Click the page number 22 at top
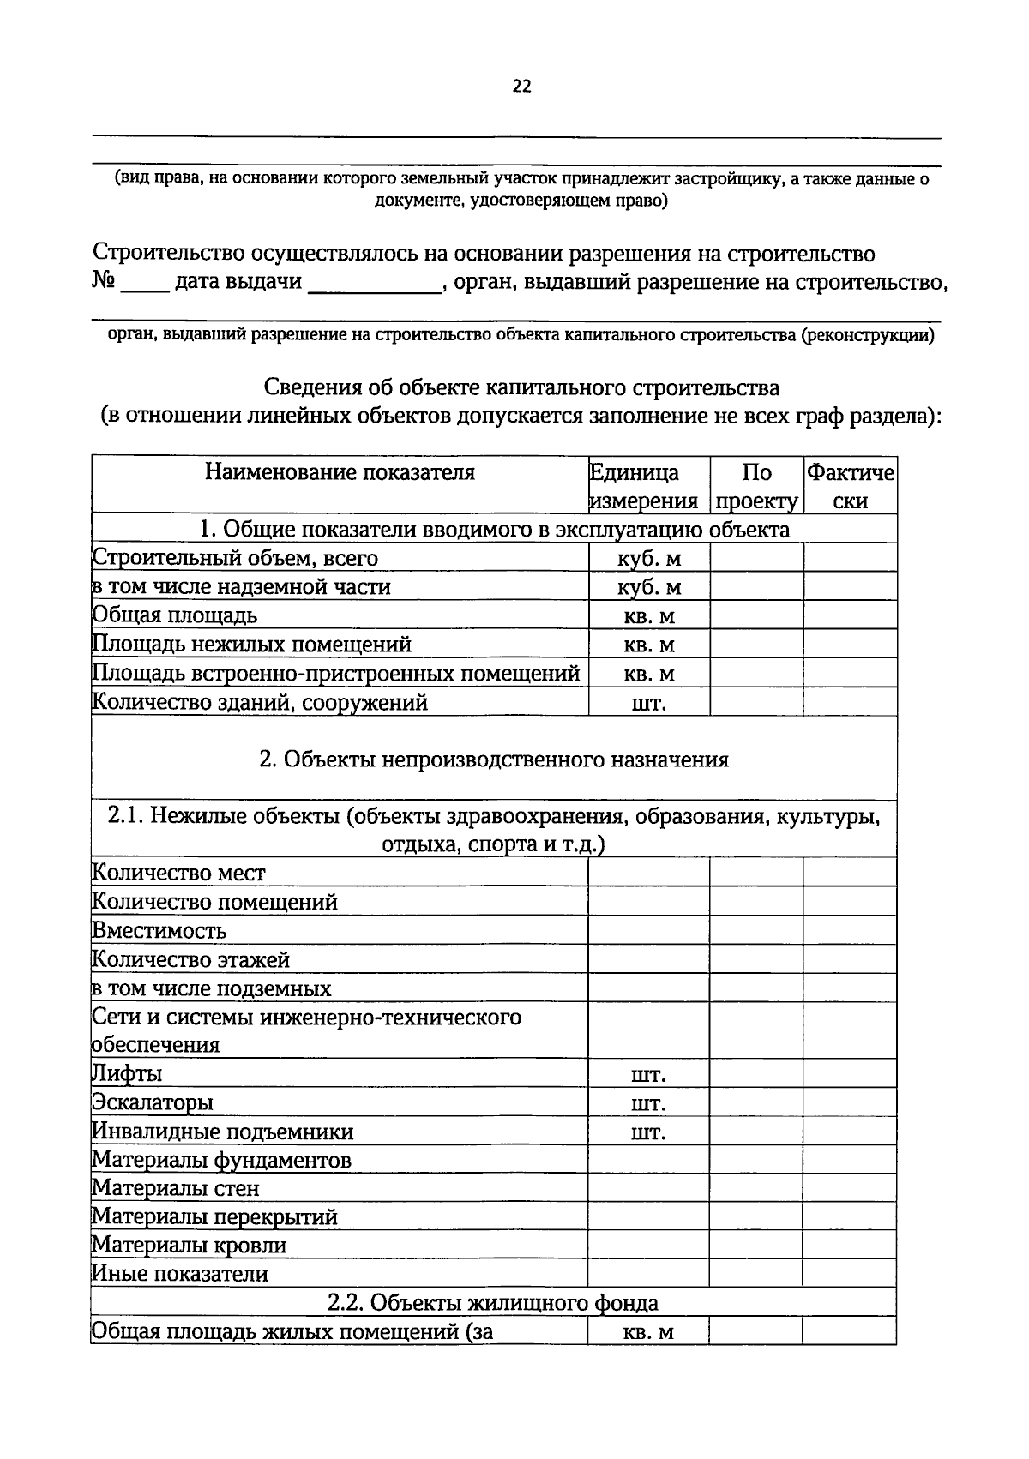point(521,86)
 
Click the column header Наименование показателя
point(340,472)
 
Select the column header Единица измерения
point(643,486)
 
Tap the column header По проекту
point(756,486)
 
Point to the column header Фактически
point(851,486)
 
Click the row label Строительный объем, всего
point(235,558)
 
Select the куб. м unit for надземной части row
point(649,587)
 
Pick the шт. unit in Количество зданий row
point(649,704)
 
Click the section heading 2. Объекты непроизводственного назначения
point(494,760)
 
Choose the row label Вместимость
point(159,931)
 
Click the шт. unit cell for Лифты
point(649,1075)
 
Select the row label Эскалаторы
point(153,1102)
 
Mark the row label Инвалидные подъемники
point(223,1132)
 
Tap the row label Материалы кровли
point(190,1245)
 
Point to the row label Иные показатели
point(180,1274)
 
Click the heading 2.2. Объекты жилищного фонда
point(494,1303)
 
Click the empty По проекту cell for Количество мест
point(756,873)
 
